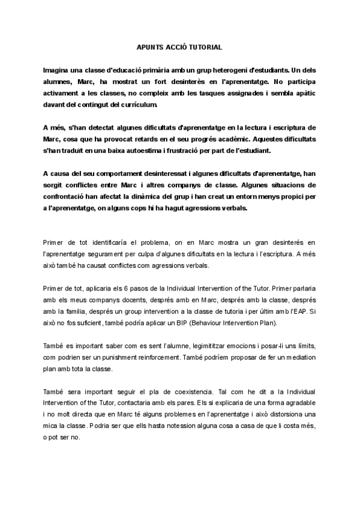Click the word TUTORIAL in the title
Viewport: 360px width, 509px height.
point(204,46)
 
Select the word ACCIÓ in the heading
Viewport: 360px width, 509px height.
point(172,46)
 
